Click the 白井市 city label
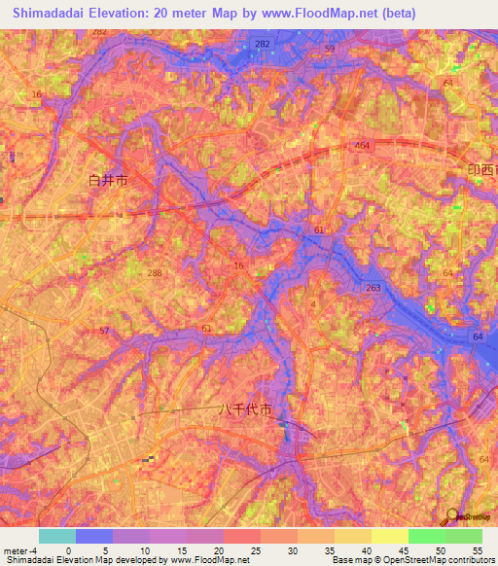pos(108,180)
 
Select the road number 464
pos(362,145)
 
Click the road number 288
pos(155,274)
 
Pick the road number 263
pos(373,288)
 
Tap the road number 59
pos(330,49)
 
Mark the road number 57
pos(104,332)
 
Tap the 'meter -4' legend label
pos(21,549)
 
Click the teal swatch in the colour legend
pos(57,536)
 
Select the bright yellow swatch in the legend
pos(389,536)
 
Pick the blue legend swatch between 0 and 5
pos(94,536)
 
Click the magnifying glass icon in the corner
pos(453,516)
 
